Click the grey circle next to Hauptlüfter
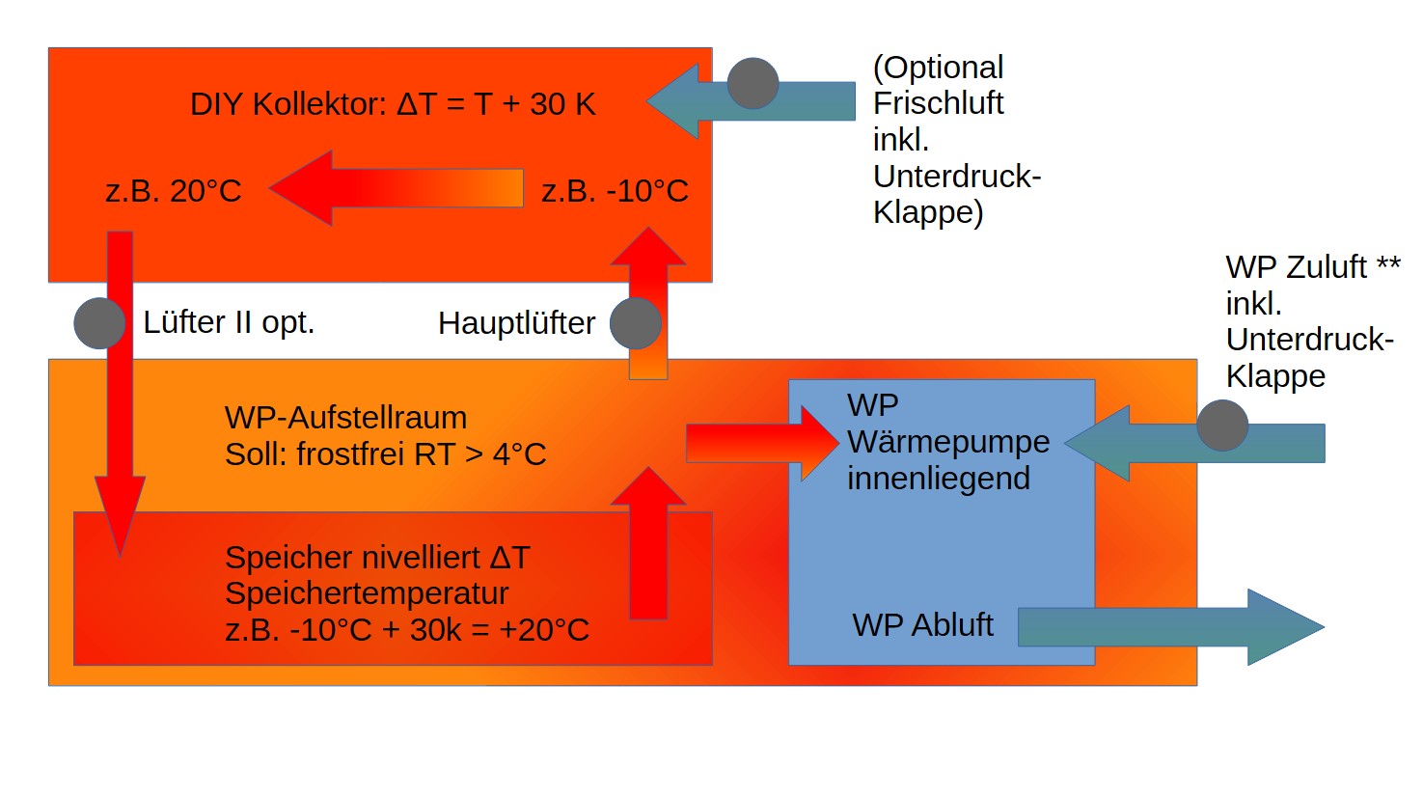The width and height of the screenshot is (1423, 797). coord(636,323)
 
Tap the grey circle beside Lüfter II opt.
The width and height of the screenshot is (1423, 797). coord(99,323)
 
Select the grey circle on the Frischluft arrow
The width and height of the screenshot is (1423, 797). coord(753,84)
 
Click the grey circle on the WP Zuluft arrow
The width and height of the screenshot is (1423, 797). coord(1222,426)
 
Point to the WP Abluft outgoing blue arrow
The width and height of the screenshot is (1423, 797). coord(1172,627)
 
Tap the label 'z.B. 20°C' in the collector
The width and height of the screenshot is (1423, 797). coord(174,191)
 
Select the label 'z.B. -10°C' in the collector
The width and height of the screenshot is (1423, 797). coord(615,191)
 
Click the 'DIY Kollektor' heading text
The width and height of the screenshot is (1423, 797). coord(288,104)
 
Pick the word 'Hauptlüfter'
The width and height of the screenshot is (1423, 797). coord(516,323)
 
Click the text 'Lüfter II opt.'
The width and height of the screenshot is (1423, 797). coord(229,322)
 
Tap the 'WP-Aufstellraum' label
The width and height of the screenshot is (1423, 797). coord(345,418)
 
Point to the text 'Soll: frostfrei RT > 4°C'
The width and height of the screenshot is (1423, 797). coord(385,453)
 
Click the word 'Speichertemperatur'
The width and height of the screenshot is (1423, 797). coord(367,593)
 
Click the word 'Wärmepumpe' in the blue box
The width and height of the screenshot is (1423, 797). coord(947,442)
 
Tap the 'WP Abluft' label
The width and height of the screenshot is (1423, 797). coord(922,625)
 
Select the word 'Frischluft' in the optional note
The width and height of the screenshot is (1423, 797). coord(938,103)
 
